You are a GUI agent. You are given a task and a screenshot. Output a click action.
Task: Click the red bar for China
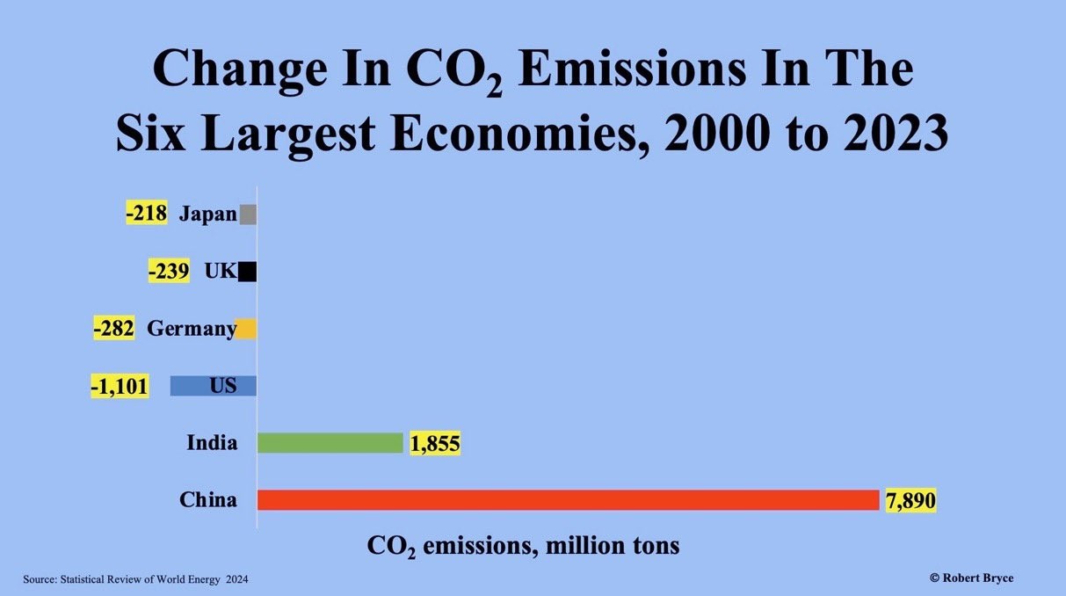(568, 500)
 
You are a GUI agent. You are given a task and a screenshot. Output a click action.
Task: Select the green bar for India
(330, 443)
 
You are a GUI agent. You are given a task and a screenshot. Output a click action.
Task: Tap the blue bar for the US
(213, 386)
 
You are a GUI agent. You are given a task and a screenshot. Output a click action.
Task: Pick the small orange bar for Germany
(246, 329)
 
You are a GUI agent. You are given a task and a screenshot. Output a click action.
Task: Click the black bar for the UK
(247, 272)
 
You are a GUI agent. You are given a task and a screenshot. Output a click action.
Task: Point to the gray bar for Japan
(248, 214)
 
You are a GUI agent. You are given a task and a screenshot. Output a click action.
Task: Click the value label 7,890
(910, 500)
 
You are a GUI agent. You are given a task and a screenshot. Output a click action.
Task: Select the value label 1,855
(434, 444)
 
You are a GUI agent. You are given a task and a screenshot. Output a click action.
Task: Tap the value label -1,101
(120, 386)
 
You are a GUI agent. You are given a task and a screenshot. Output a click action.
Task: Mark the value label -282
(113, 329)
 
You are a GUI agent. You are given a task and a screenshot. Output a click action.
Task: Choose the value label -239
(169, 271)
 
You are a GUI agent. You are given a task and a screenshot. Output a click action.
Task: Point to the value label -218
(146, 214)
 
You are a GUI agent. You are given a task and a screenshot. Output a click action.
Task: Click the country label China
(208, 500)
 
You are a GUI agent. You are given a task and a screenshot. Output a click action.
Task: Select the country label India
(212, 443)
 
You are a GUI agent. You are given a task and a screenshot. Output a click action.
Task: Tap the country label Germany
(190, 329)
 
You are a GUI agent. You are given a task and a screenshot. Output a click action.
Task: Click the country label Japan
(207, 214)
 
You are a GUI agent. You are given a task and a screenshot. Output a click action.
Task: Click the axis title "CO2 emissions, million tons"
(523, 545)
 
